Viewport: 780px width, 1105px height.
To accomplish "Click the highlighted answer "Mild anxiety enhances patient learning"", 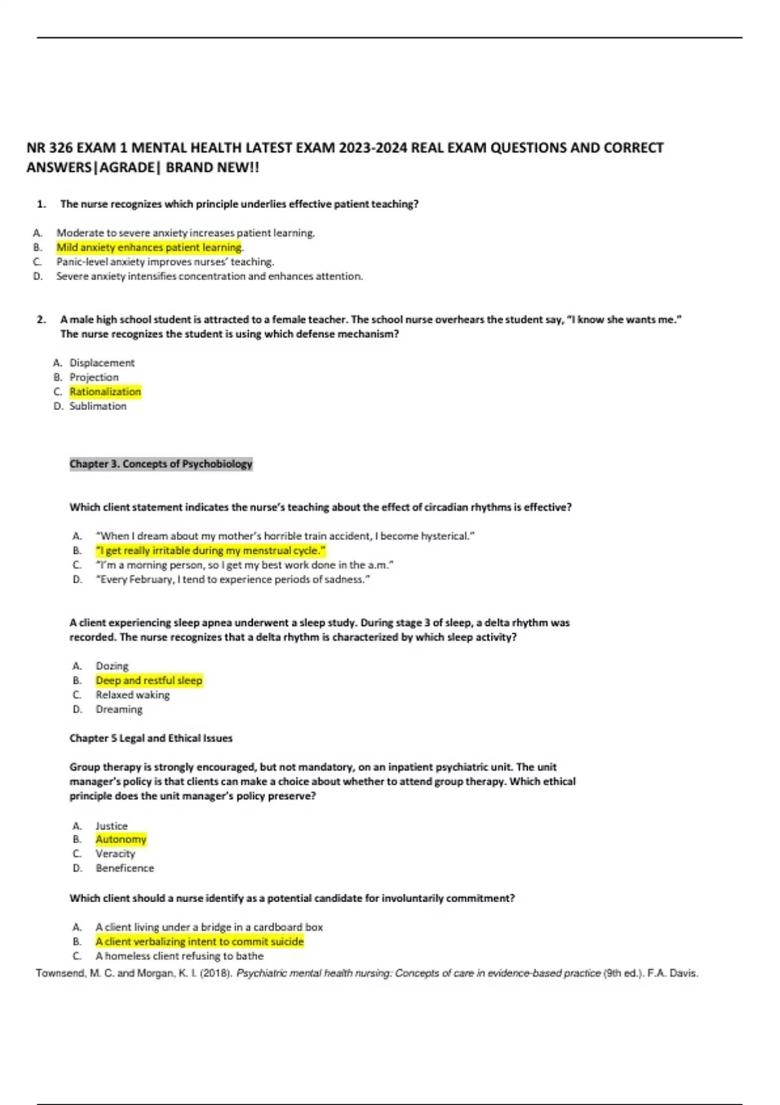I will click(x=149, y=248).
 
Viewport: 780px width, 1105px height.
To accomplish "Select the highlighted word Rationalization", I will click(x=105, y=392).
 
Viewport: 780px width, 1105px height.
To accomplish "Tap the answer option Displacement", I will click(x=102, y=363).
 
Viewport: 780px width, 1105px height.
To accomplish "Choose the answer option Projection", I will click(x=94, y=377).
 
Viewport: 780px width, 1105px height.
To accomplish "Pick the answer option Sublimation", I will click(x=98, y=406).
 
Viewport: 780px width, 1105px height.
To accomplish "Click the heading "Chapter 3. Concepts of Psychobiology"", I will click(x=161, y=464).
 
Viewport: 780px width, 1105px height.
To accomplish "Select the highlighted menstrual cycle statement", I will click(x=211, y=551).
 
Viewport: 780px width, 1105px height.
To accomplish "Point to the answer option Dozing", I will click(x=112, y=666).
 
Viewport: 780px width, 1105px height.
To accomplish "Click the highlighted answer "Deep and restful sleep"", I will click(x=149, y=681).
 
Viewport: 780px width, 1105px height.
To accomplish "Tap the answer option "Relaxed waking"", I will click(x=133, y=695).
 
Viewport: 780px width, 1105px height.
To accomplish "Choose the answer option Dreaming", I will click(x=119, y=709).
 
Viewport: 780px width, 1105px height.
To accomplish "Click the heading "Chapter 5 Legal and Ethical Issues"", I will click(x=151, y=738).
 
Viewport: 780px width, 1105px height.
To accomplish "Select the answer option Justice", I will click(x=111, y=826).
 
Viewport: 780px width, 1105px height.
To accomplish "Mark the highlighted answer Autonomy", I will click(x=121, y=840).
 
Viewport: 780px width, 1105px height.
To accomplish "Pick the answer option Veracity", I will click(x=115, y=854).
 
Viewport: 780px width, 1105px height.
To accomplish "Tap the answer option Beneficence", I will click(x=125, y=868).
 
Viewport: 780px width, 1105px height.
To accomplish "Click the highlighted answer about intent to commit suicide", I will click(x=200, y=942).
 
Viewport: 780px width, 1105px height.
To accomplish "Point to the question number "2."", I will click(x=42, y=320).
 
